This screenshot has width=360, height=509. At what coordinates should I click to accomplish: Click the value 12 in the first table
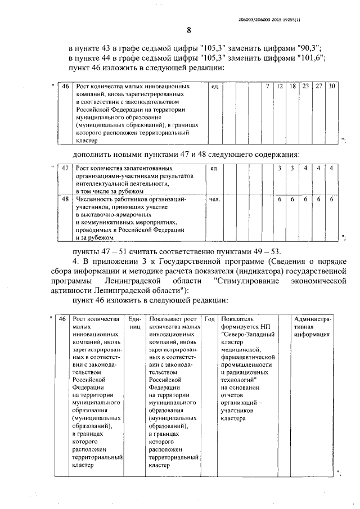click(280, 86)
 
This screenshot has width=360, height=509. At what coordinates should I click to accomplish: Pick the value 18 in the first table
click(292, 86)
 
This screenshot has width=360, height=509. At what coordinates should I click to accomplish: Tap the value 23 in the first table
click(305, 86)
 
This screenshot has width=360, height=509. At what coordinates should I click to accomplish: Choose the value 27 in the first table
click(319, 86)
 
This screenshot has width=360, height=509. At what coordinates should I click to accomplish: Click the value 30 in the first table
click(332, 86)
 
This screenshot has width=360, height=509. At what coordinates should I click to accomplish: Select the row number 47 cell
click(65, 168)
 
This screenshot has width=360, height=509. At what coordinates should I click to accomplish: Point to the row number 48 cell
click(65, 199)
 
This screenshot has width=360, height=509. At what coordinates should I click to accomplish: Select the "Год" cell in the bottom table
click(209, 319)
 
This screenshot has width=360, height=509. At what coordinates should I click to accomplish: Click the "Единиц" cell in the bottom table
click(134, 323)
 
